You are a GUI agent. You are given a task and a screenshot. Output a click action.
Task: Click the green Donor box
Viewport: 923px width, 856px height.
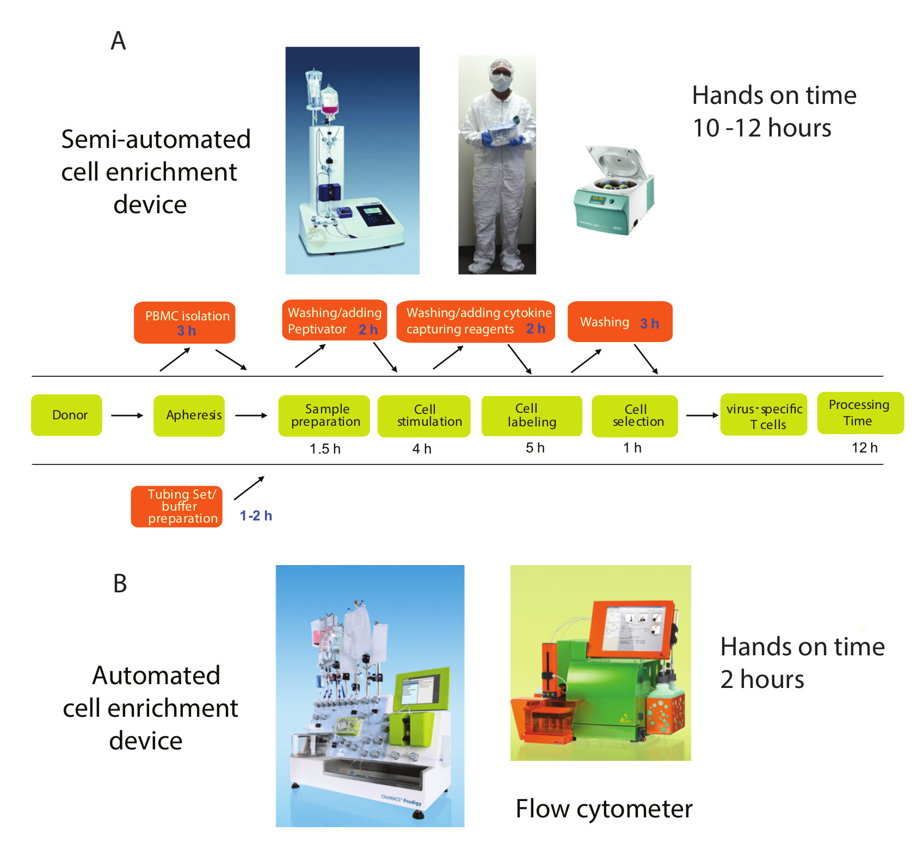(x=66, y=415)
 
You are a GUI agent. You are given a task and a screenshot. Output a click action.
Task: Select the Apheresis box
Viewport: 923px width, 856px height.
(x=189, y=415)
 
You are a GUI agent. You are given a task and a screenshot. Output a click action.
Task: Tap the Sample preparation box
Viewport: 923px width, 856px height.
(x=324, y=415)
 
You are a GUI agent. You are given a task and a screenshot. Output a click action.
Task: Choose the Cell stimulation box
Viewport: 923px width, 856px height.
(x=424, y=415)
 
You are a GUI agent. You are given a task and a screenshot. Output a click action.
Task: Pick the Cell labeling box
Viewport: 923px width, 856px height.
(x=532, y=415)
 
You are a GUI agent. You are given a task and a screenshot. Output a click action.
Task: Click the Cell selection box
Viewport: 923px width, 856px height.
(x=635, y=415)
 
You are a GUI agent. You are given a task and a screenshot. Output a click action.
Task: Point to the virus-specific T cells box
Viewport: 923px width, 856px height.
(x=764, y=415)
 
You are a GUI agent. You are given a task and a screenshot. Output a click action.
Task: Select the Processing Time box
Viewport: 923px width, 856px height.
(x=860, y=413)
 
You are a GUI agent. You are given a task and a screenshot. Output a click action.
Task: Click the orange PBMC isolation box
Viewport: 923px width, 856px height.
(x=184, y=322)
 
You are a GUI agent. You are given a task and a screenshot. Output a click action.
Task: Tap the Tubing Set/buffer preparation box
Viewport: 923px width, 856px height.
(x=177, y=506)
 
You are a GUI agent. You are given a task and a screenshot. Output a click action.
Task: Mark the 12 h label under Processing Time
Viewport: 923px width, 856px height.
(x=864, y=448)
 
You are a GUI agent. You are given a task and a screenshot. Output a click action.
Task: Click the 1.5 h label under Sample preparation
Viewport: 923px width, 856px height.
(x=325, y=449)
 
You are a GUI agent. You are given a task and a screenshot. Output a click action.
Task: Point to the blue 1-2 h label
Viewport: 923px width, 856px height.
(x=256, y=516)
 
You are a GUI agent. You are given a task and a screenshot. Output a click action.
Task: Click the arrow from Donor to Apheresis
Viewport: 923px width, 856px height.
(x=127, y=415)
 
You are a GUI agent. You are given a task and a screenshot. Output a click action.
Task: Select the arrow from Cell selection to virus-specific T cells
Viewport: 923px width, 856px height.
(x=702, y=415)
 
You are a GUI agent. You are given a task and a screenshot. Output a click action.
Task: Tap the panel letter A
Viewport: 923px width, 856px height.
(x=118, y=41)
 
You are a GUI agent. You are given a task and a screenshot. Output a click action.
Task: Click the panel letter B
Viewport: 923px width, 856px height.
(x=120, y=584)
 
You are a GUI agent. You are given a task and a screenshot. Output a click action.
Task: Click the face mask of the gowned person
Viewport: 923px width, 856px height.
(x=500, y=82)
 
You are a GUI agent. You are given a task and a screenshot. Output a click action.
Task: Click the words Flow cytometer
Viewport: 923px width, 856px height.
(x=604, y=809)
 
